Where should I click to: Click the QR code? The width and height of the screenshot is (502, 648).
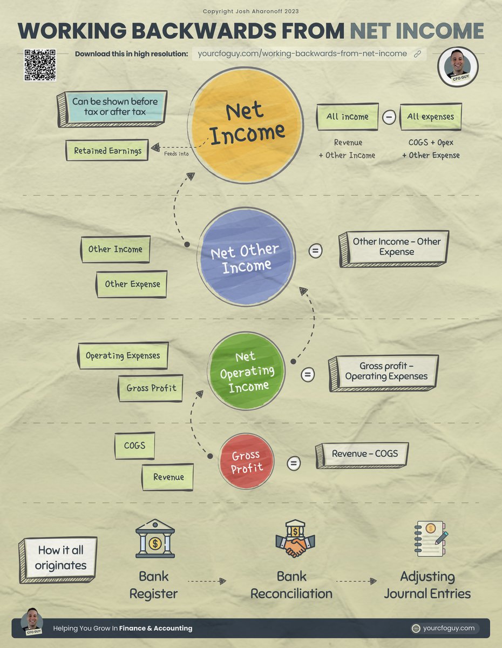pyautogui.click(x=40, y=65)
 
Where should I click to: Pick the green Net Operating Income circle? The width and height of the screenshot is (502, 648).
pyautogui.click(x=247, y=372)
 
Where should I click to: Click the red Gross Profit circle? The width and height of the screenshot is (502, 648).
pyautogui.click(x=247, y=461)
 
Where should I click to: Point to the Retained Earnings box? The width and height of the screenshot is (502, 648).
pyautogui.click(x=107, y=151)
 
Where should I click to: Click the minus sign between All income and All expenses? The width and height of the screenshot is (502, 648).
pyautogui.click(x=389, y=117)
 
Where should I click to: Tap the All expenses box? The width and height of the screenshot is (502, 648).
pyautogui.click(x=430, y=117)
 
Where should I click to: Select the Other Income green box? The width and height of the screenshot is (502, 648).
pyautogui.click(x=116, y=249)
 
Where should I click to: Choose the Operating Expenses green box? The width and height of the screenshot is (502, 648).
pyautogui.click(x=123, y=356)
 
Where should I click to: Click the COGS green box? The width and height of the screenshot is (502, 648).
pyautogui.click(x=134, y=446)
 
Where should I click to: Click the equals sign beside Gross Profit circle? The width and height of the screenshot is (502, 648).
pyautogui.click(x=294, y=463)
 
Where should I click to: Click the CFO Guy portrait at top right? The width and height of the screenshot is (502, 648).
pyautogui.click(x=458, y=66)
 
